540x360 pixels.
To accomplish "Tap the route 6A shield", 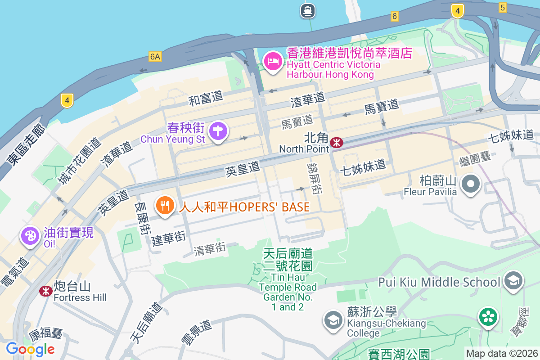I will [155, 56].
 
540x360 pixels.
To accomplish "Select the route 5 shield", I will [503, 7].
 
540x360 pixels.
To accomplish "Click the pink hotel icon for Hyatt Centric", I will [273, 61].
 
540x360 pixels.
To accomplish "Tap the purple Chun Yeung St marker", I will [219, 131].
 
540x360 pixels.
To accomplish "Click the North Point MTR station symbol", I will [336, 143].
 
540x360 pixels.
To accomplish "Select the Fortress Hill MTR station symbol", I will [45, 291].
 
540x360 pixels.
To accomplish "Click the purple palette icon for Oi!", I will [30, 235].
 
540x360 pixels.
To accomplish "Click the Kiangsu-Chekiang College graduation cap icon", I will [333, 320].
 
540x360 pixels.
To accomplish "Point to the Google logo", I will [31, 349].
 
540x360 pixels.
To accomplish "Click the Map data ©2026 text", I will [502, 353].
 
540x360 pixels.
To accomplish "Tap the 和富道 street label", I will [206, 98].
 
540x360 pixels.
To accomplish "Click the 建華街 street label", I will [168, 238].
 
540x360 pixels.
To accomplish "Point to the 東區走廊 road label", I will [26, 145].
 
